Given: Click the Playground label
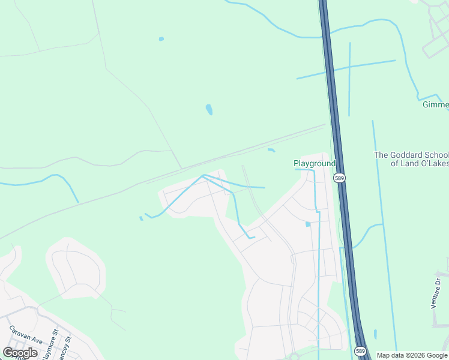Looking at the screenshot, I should tap(314, 163).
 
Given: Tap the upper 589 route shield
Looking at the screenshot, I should tap(340, 178).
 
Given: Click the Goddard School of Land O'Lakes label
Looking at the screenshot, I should tap(411, 159).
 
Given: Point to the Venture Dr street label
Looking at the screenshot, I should tap(436, 290).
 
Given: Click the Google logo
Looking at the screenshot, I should tap(20, 353).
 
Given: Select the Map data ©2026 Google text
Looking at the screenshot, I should tap(412, 355).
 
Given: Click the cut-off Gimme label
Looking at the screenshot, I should tap(435, 105).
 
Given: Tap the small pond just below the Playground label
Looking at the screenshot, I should tap(308, 224).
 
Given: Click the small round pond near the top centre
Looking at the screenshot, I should tap(161, 39).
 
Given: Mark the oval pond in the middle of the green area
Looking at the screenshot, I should tap(209, 109).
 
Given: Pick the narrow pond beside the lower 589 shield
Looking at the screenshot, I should tap(376, 334).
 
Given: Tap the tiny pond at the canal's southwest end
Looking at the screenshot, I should tap(141, 218).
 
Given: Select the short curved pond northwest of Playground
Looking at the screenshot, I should tap(271, 150).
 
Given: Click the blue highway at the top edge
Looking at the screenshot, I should tap(323, 5).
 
